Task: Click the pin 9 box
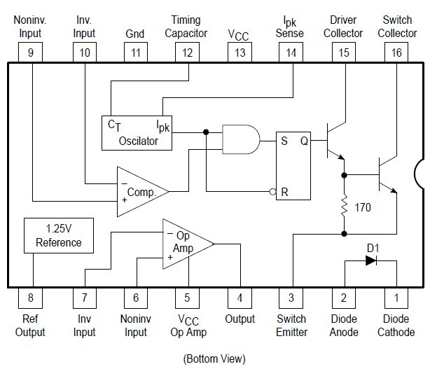coord(30,52)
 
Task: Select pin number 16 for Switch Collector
coord(396,52)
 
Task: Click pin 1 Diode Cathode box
coord(396,298)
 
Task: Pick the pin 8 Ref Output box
coord(30,298)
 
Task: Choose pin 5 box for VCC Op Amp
coord(187,298)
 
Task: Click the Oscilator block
coord(139,132)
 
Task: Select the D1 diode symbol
coord(371,259)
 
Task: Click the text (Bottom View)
coord(215,358)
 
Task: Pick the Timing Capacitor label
coord(187,27)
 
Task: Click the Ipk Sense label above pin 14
coord(290,27)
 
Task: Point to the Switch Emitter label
coord(291,326)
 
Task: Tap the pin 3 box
coord(291,298)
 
